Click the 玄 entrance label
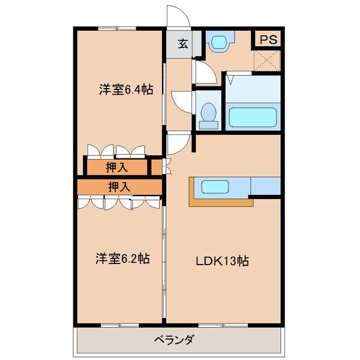(x=181, y=44)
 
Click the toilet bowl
(x=209, y=112)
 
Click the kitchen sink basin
(x=214, y=187)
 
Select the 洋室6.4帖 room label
(x=125, y=90)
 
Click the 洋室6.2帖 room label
(x=122, y=259)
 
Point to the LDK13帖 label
(x=221, y=261)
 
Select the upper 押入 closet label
(x=116, y=167)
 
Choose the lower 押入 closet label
(x=119, y=187)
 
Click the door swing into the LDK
(x=178, y=143)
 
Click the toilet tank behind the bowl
(x=209, y=124)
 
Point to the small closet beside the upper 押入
(x=156, y=166)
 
